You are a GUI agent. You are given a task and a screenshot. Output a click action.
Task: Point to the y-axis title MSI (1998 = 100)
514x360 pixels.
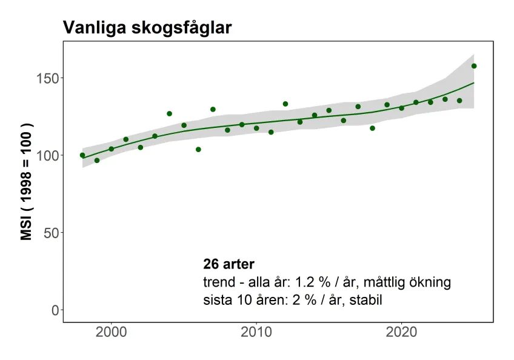pos(27,182)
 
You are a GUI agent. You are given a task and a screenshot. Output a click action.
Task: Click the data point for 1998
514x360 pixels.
pos(82,155)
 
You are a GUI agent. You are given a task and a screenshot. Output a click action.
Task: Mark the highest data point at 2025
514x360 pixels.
pos(474,66)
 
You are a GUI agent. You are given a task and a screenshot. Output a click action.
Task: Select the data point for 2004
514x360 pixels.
pos(169,114)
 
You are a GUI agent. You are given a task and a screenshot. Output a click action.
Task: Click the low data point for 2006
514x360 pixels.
pos(198,149)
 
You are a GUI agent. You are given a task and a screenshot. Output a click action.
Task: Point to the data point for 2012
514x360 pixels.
pos(285,104)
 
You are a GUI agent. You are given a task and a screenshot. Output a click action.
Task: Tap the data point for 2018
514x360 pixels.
pos(372,128)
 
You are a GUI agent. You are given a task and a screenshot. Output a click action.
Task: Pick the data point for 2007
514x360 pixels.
pos(213,109)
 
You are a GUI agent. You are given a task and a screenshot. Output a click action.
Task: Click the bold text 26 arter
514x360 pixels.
pos(229,264)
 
